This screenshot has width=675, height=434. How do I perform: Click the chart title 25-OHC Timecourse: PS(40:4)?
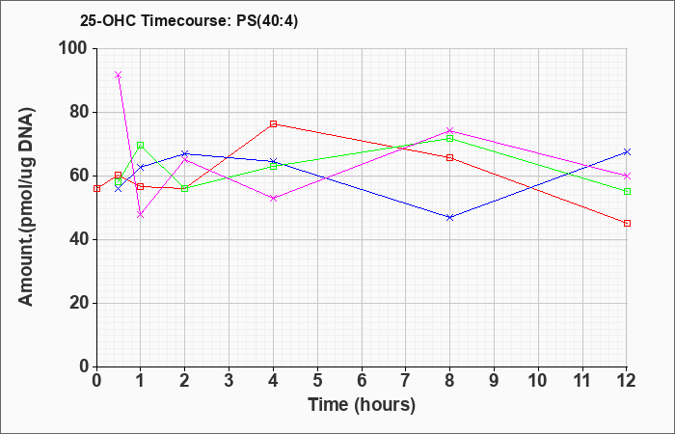click(189, 20)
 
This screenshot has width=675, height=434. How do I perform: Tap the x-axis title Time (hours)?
click(362, 405)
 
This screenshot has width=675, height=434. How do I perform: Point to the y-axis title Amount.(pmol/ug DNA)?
click(27, 206)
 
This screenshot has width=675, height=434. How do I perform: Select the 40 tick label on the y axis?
click(78, 240)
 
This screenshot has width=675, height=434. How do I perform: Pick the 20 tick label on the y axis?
click(78, 303)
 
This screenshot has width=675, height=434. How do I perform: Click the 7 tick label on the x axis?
click(406, 381)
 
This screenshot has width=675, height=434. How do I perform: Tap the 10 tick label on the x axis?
click(538, 381)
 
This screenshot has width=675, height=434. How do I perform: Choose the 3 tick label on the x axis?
click(229, 381)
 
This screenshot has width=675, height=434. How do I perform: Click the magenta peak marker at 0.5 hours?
click(118, 75)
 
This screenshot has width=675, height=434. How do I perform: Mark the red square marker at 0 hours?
click(96, 189)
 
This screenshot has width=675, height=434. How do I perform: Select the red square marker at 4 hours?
click(273, 124)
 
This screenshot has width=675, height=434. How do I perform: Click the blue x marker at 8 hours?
click(450, 217)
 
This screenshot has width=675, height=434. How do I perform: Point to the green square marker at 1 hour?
click(140, 145)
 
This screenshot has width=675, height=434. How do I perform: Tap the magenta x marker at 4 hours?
click(273, 198)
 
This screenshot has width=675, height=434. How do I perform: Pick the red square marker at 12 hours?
click(627, 223)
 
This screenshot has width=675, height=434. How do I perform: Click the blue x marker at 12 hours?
click(627, 152)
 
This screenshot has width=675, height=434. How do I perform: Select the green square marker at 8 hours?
click(450, 138)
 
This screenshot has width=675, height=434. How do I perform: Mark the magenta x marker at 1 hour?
click(140, 214)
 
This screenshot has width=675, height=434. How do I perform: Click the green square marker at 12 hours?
click(627, 191)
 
